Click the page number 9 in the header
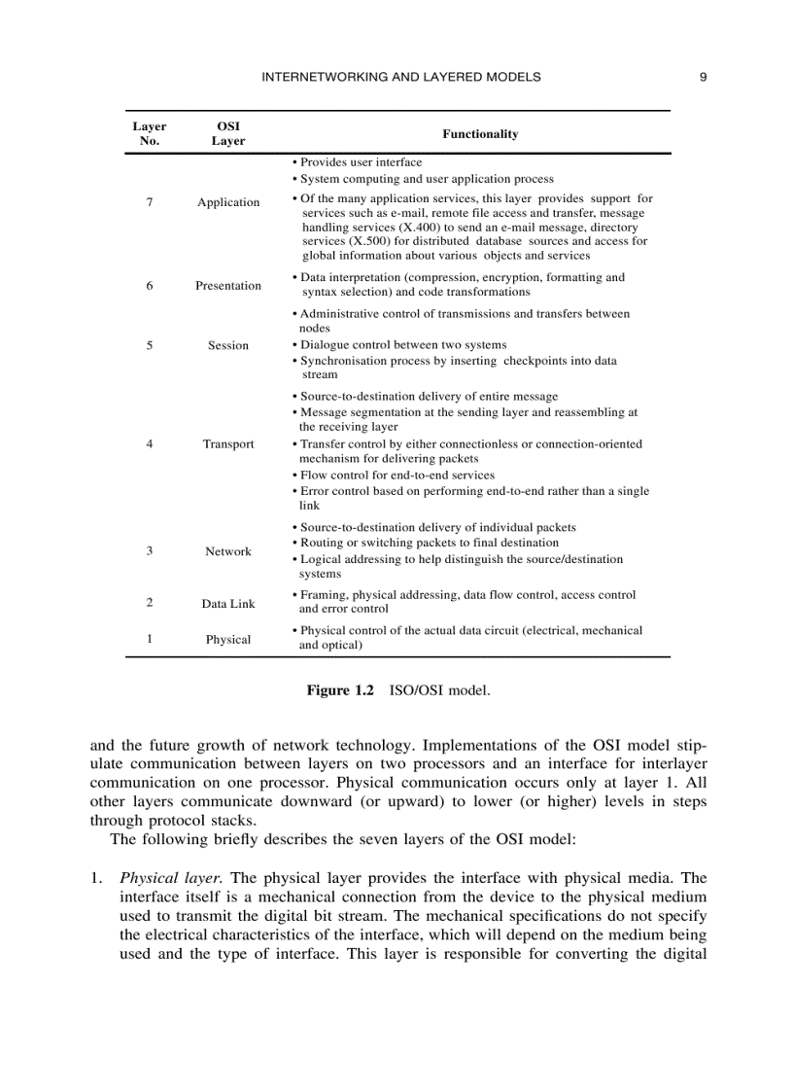[x=703, y=77]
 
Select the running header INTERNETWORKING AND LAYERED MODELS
[x=401, y=77]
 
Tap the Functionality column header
[x=480, y=134]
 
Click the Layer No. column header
[x=150, y=133]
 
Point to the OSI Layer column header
[x=228, y=133]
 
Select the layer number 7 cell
[x=150, y=202]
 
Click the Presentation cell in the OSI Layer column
[x=228, y=285]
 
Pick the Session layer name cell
[x=228, y=345]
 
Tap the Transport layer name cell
[x=228, y=443]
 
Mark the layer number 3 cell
[x=150, y=550]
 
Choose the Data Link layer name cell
[x=228, y=604]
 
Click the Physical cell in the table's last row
[x=228, y=639]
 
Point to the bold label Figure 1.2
[x=340, y=690]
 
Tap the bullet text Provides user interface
[x=361, y=162]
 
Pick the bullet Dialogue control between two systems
[x=402, y=345]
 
